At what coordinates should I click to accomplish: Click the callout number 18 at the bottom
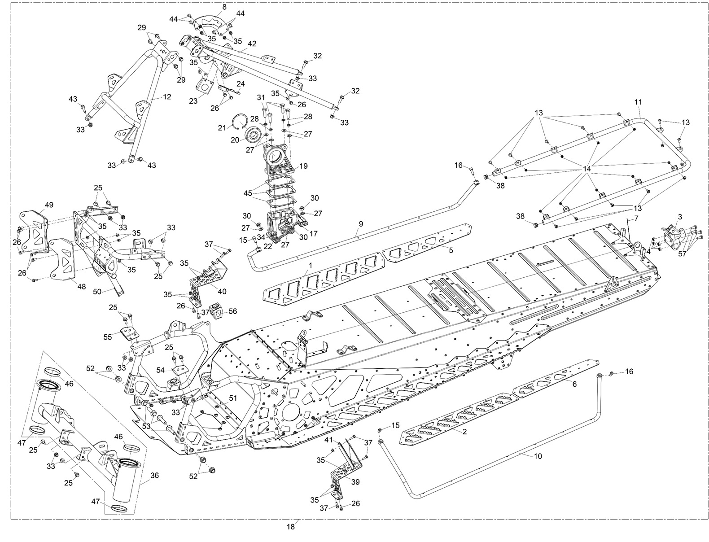point(291,527)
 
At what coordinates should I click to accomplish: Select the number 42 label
point(252,44)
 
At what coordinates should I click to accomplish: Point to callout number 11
point(638,102)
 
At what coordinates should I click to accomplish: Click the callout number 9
point(361,223)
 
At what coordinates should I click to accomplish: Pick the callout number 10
point(538,456)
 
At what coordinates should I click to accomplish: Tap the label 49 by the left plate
point(49,205)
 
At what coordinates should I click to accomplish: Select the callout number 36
point(154,475)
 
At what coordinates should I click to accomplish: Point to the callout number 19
point(303,166)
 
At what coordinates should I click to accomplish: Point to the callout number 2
point(464,432)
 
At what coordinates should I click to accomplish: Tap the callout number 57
point(682,254)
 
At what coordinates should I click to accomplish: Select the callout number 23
point(193,101)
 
